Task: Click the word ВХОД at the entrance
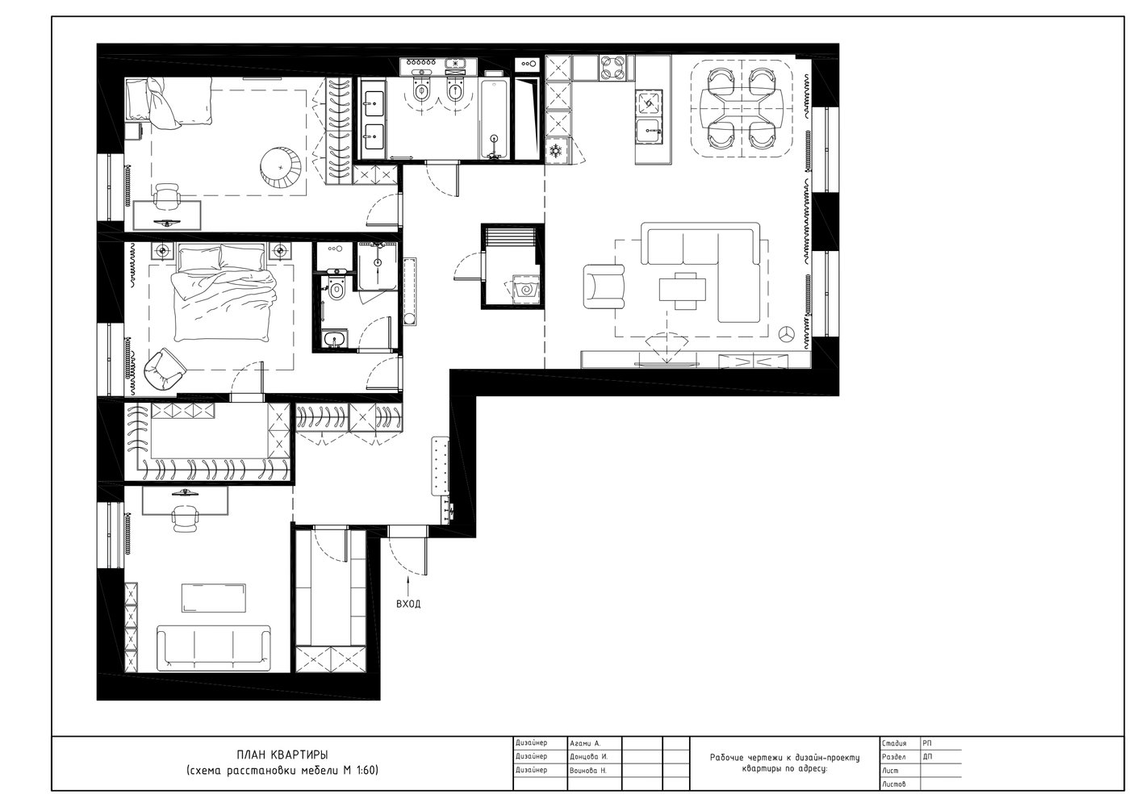(408, 604)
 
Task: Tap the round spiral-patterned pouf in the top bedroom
(281, 166)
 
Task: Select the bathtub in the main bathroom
(493, 119)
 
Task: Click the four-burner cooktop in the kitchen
(613, 68)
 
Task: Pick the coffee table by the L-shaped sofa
(683, 291)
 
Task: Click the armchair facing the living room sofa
(604, 286)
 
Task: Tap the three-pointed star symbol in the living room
(786, 334)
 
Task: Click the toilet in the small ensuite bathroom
(336, 288)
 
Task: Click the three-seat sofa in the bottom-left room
(213, 647)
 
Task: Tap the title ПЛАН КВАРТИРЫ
(282, 754)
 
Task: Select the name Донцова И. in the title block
(588, 757)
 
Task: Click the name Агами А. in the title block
(585, 743)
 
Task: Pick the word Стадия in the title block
(894, 743)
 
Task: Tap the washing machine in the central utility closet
(525, 290)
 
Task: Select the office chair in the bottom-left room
(185, 519)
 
